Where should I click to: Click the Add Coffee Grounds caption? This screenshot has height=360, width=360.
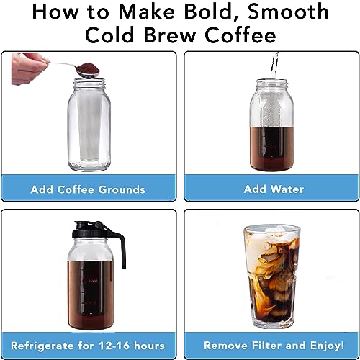pyautogui.click(x=88, y=189)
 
